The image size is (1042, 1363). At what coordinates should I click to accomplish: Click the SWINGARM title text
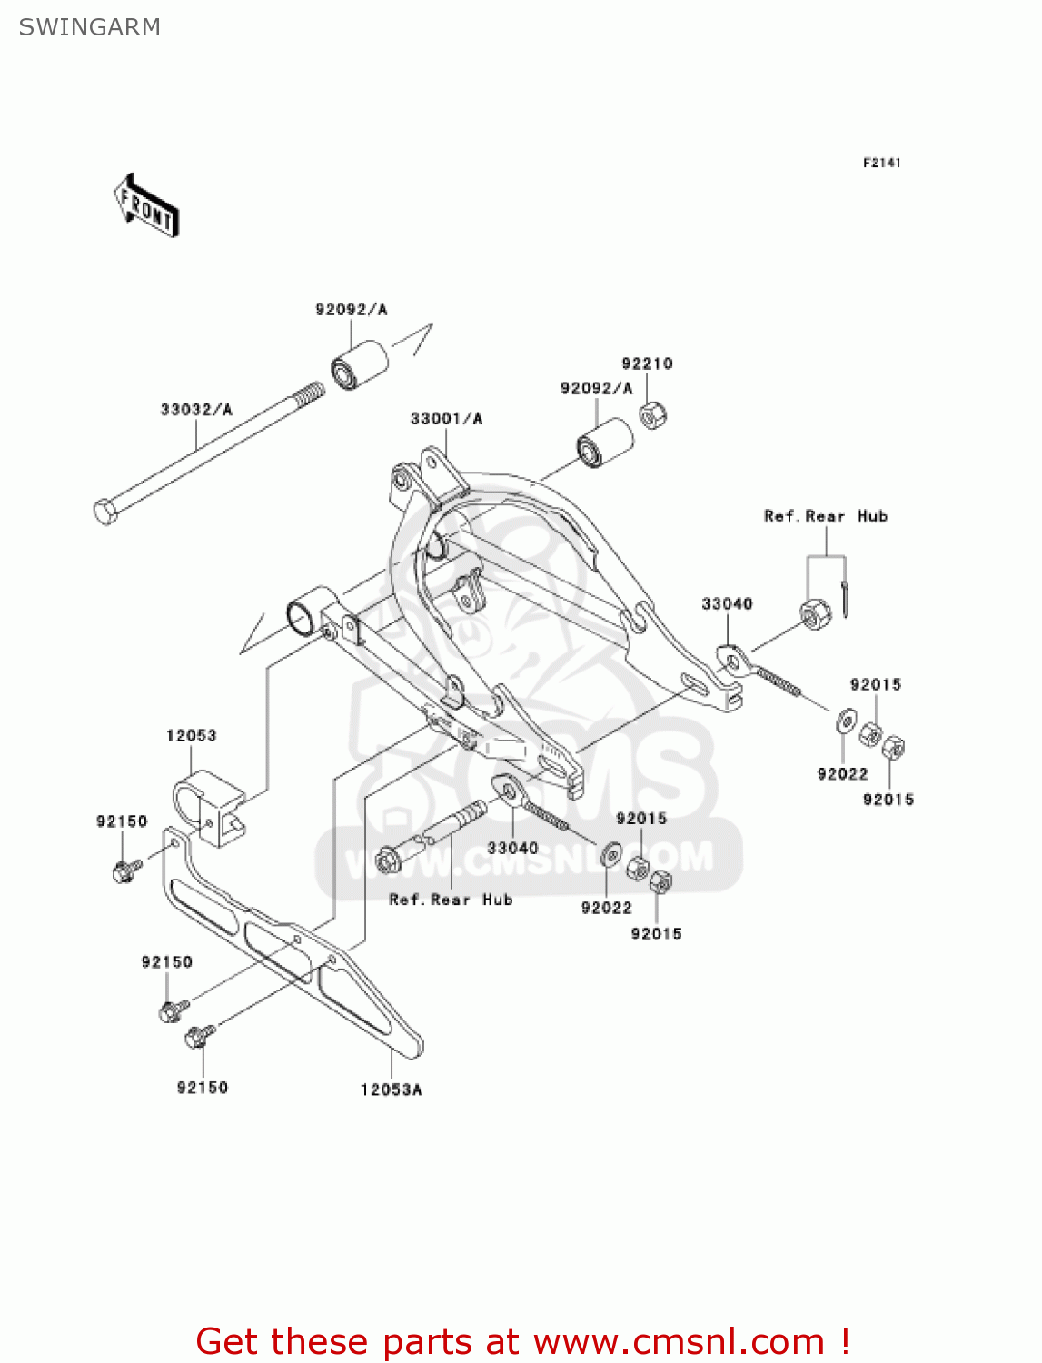pos(89,27)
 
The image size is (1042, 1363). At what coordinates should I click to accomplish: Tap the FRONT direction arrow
pos(146,206)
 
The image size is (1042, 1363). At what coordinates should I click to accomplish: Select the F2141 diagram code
pos(881,163)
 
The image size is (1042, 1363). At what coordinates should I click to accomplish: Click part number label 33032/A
pos(196,410)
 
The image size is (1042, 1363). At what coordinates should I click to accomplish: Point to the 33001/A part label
pos(446,419)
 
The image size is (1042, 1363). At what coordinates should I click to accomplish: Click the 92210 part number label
pos(647,363)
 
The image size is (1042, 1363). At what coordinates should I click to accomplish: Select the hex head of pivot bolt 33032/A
pos(106,512)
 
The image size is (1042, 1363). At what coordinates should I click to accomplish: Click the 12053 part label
pos(191,735)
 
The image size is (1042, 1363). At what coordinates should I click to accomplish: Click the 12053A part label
pos(392,1089)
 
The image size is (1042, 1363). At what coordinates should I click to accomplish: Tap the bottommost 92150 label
pos(202,1088)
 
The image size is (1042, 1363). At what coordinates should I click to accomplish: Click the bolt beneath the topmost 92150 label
pos(124,871)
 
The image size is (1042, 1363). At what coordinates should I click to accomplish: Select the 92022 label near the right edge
pos(842,774)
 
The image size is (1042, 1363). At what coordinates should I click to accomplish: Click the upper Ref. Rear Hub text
pos(825,516)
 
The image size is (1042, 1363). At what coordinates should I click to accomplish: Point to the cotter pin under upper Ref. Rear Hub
pos(844,599)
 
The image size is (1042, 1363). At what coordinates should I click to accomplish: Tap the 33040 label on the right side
pos(727,604)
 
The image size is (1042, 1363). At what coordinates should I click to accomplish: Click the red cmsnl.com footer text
pos(522,1341)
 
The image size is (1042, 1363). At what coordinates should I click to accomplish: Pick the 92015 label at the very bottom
pos(656,934)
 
